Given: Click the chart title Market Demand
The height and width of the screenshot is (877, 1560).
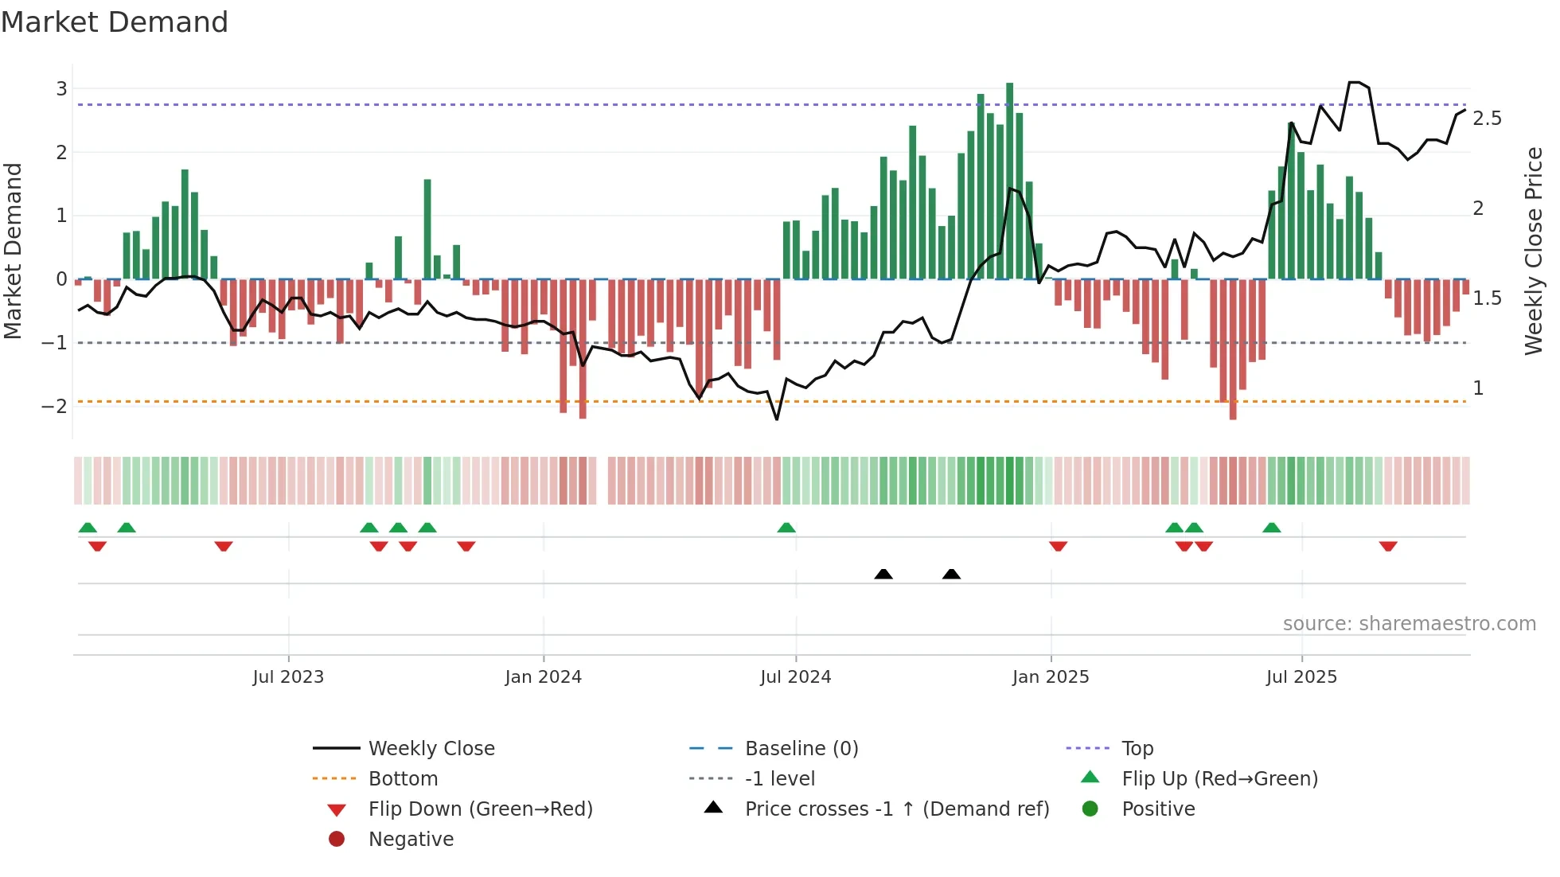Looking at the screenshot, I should coord(115,22).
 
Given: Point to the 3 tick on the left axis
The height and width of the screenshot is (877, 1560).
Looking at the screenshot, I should coord(61,88).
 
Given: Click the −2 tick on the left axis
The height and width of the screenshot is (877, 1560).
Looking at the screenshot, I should coord(55,406).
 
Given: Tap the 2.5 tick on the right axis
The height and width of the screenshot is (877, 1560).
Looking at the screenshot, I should coord(1487,119).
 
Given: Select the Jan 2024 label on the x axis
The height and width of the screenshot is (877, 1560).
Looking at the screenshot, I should coord(544,677).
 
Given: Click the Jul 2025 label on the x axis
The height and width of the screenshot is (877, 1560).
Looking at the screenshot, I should coord(1301,677).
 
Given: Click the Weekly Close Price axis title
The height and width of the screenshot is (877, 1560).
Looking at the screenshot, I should coord(1533,251).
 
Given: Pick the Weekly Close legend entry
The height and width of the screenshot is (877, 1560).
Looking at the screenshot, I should coord(431,749).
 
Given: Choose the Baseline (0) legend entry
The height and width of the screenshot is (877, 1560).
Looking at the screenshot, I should coord(801,749).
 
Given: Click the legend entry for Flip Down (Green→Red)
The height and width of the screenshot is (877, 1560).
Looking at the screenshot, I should coord(480,809).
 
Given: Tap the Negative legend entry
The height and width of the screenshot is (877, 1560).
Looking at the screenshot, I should coord(411,840).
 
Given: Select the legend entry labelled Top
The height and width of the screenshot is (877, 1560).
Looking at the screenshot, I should coord(1137,749).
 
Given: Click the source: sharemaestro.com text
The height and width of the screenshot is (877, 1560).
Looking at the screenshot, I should coord(1409,624).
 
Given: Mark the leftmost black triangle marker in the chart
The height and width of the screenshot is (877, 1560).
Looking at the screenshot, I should coord(883,574).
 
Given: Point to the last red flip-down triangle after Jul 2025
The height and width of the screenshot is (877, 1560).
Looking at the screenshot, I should coord(1388,546).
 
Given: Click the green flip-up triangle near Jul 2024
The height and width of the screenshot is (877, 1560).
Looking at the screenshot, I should coord(786,528).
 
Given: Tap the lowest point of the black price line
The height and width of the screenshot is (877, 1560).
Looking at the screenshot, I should coord(777,419).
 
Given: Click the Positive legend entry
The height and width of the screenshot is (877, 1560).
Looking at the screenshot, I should coord(1158,809).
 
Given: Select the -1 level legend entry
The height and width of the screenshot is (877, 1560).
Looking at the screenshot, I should coord(780,779).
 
